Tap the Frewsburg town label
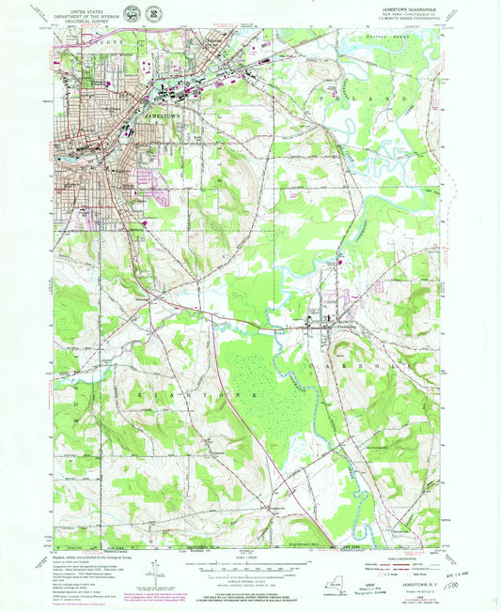point(336,328)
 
